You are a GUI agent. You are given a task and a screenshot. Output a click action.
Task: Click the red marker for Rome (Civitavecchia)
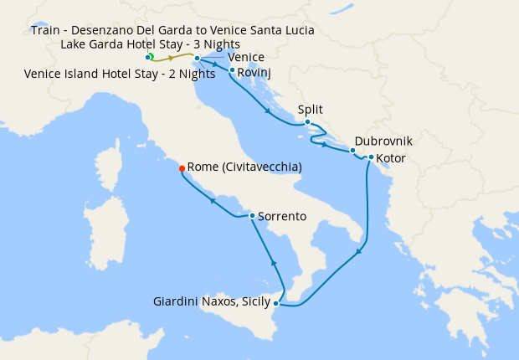(182, 168)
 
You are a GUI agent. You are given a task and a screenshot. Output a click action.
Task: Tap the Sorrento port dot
(252, 216)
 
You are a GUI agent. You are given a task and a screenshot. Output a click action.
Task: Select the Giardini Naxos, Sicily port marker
(276, 303)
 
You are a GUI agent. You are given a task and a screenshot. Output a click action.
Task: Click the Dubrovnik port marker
(352, 151)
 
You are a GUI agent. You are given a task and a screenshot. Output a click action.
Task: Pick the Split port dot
(308, 122)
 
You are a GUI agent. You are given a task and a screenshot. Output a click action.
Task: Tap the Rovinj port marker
(232, 71)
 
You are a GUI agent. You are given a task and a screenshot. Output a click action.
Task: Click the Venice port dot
(198, 59)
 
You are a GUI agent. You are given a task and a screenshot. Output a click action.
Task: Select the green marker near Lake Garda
(151, 56)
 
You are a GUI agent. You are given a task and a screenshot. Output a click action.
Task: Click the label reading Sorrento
(282, 216)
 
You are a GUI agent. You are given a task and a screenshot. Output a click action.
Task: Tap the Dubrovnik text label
(383, 141)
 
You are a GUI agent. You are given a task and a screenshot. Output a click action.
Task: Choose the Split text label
(310, 110)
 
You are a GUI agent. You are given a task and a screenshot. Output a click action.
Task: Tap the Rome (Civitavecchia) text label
(244, 167)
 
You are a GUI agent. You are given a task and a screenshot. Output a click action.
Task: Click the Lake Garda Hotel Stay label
(151, 44)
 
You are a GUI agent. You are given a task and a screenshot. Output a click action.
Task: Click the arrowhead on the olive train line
(171, 59)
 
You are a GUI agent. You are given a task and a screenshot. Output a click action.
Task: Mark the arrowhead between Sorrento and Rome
(214, 201)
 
